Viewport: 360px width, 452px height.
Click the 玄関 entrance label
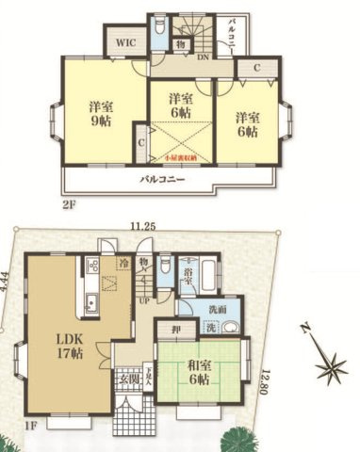click(x=128, y=379)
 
